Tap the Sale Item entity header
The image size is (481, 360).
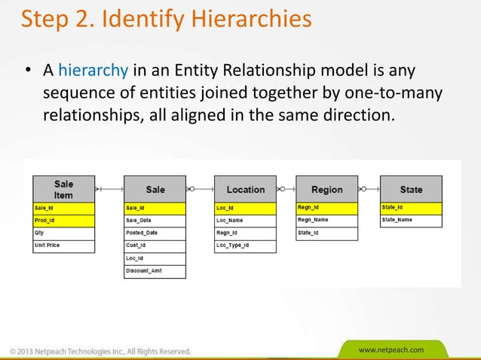pos(63,189)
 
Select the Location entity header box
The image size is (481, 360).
pos(245,190)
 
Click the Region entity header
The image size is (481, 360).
pos(326,190)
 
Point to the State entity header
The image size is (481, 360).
pos(411,190)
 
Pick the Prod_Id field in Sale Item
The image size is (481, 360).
pos(63,221)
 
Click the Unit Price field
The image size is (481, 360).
pos(63,246)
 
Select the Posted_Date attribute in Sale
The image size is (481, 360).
pos(155,233)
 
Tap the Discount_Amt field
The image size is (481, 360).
pos(155,271)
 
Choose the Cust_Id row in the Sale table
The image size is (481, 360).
pos(155,246)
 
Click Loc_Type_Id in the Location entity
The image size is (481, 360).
pos(245,246)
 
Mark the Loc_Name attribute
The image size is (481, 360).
pos(245,220)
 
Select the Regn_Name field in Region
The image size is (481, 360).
pos(326,220)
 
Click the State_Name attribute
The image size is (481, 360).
pos(411,220)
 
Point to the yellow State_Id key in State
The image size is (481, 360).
pos(411,207)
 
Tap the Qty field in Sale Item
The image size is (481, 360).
pos(63,233)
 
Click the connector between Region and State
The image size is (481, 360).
pos(369,189)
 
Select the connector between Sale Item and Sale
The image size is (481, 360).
pos(109,189)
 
